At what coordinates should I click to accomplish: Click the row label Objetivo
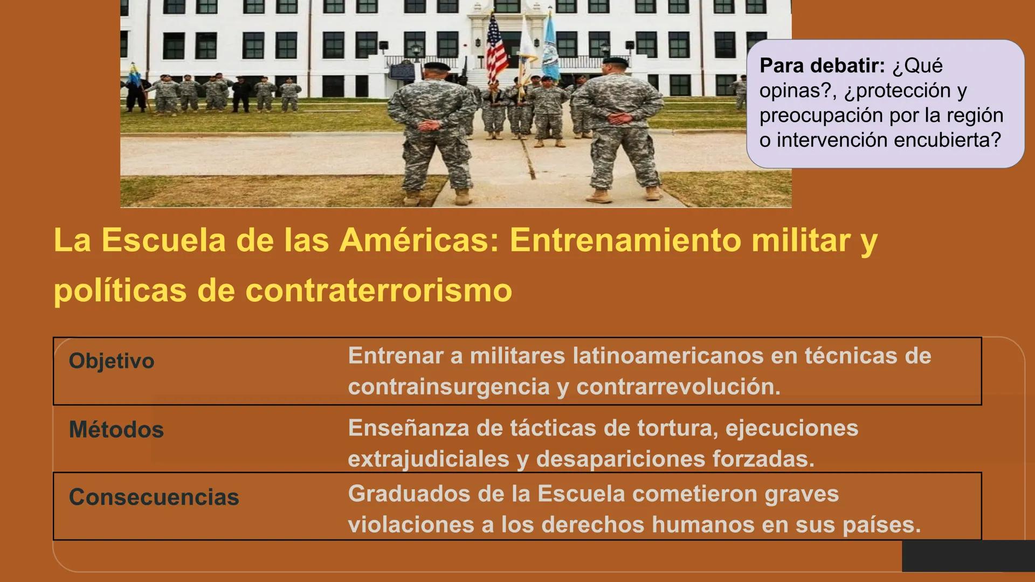(112, 361)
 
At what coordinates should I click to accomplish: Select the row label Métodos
(116, 430)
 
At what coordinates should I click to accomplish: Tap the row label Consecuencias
(154, 497)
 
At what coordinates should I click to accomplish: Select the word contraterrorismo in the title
(378, 290)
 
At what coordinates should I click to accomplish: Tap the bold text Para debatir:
(822, 66)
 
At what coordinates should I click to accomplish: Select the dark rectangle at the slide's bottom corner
(968, 556)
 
